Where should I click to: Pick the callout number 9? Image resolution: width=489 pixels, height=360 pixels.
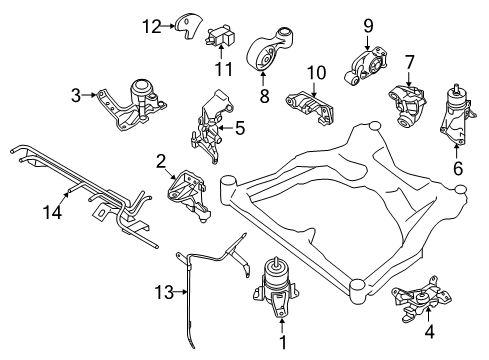pyautogui.click(x=368, y=23)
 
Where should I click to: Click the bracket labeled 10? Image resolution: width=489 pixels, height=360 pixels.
pyautogui.click(x=311, y=107)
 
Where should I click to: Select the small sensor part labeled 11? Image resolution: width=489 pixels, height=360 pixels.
pyautogui.click(x=223, y=40)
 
